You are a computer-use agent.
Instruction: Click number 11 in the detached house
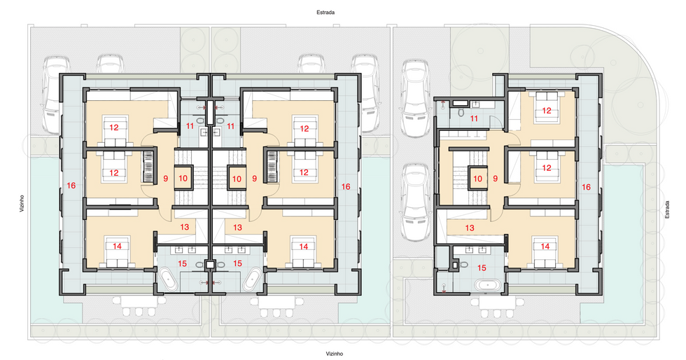tap(475, 118)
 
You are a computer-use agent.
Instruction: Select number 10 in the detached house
tap(477, 179)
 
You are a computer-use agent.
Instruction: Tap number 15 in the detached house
tap(482, 267)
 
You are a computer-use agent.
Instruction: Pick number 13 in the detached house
tap(470, 228)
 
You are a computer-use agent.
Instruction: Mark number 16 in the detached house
tap(586, 187)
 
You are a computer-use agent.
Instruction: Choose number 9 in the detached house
tap(496, 179)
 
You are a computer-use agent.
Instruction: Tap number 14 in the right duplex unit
tap(303, 247)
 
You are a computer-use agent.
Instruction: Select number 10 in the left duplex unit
tap(183, 179)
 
